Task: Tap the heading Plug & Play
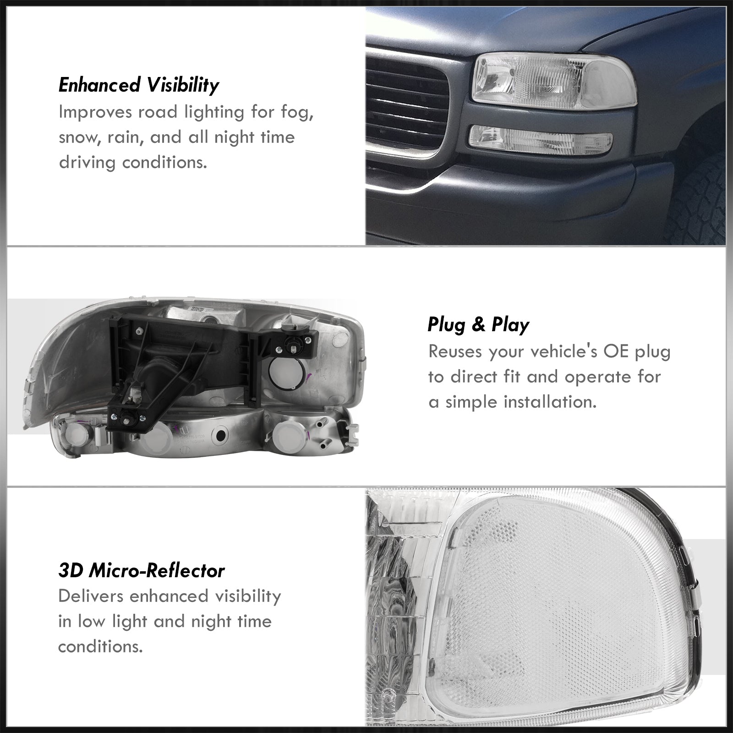click(x=478, y=325)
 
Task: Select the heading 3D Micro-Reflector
click(x=142, y=571)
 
